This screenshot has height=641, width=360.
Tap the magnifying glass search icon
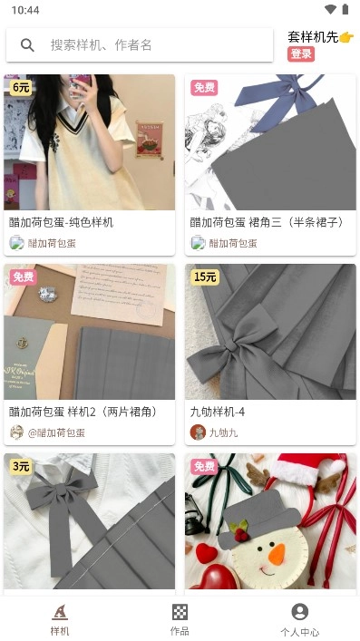click(28, 45)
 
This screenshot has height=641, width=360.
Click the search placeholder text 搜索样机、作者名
click(101, 45)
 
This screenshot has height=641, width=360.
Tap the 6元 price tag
click(21, 88)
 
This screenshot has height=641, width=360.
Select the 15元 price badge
click(205, 277)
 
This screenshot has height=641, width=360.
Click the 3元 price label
click(21, 467)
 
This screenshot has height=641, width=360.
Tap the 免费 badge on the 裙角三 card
click(204, 88)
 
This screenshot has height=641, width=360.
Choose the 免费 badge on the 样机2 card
click(23, 277)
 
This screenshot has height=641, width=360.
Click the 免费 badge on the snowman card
click(204, 467)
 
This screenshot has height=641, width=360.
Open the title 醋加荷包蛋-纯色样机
click(62, 222)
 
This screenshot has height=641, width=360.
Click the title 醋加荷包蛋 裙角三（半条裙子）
click(267, 222)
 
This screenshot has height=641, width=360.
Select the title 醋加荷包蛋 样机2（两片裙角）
click(83, 412)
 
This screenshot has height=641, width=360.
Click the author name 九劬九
click(223, 432)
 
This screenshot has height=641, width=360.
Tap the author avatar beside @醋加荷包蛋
click(16, 432)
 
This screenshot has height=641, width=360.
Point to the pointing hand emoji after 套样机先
click(345, 37)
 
